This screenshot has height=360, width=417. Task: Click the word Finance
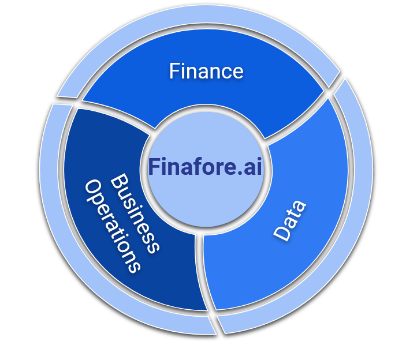pos(206,71)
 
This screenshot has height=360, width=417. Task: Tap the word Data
pos(290,221)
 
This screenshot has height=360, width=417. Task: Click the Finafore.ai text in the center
pos(205,167)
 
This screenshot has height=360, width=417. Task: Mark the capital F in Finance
pos(174,71)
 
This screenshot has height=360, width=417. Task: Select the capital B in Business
pos(120,181)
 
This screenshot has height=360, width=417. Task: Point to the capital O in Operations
pos(93,188)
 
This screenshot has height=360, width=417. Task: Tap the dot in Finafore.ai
pos(240,172)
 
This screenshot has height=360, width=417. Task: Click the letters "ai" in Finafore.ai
pos(253,167)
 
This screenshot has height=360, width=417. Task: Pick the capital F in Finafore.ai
pos(154,167)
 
